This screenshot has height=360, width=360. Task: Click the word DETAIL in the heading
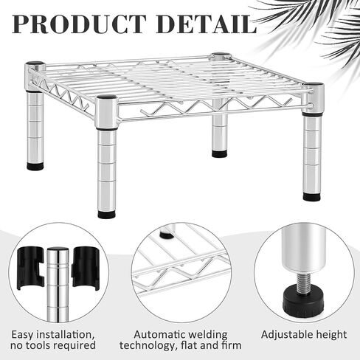(207, 24)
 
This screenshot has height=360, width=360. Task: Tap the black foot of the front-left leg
(106, 214)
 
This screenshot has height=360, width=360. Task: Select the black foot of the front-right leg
(311, 196)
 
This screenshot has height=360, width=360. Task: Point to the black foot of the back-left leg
(35, 166)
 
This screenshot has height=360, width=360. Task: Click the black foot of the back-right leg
(220, 153)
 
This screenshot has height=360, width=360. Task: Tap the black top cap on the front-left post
(106, 97)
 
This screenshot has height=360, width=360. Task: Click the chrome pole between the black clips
(58, 285)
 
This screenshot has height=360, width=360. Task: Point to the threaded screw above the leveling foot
(304, 282)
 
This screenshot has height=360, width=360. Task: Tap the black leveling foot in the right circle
(304, 302)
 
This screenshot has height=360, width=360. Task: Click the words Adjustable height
(304, 335)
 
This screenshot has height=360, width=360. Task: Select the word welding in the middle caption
(206, 335)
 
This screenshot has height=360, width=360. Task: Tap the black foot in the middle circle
(167, 235)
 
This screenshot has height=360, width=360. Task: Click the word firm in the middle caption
(231, 345)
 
